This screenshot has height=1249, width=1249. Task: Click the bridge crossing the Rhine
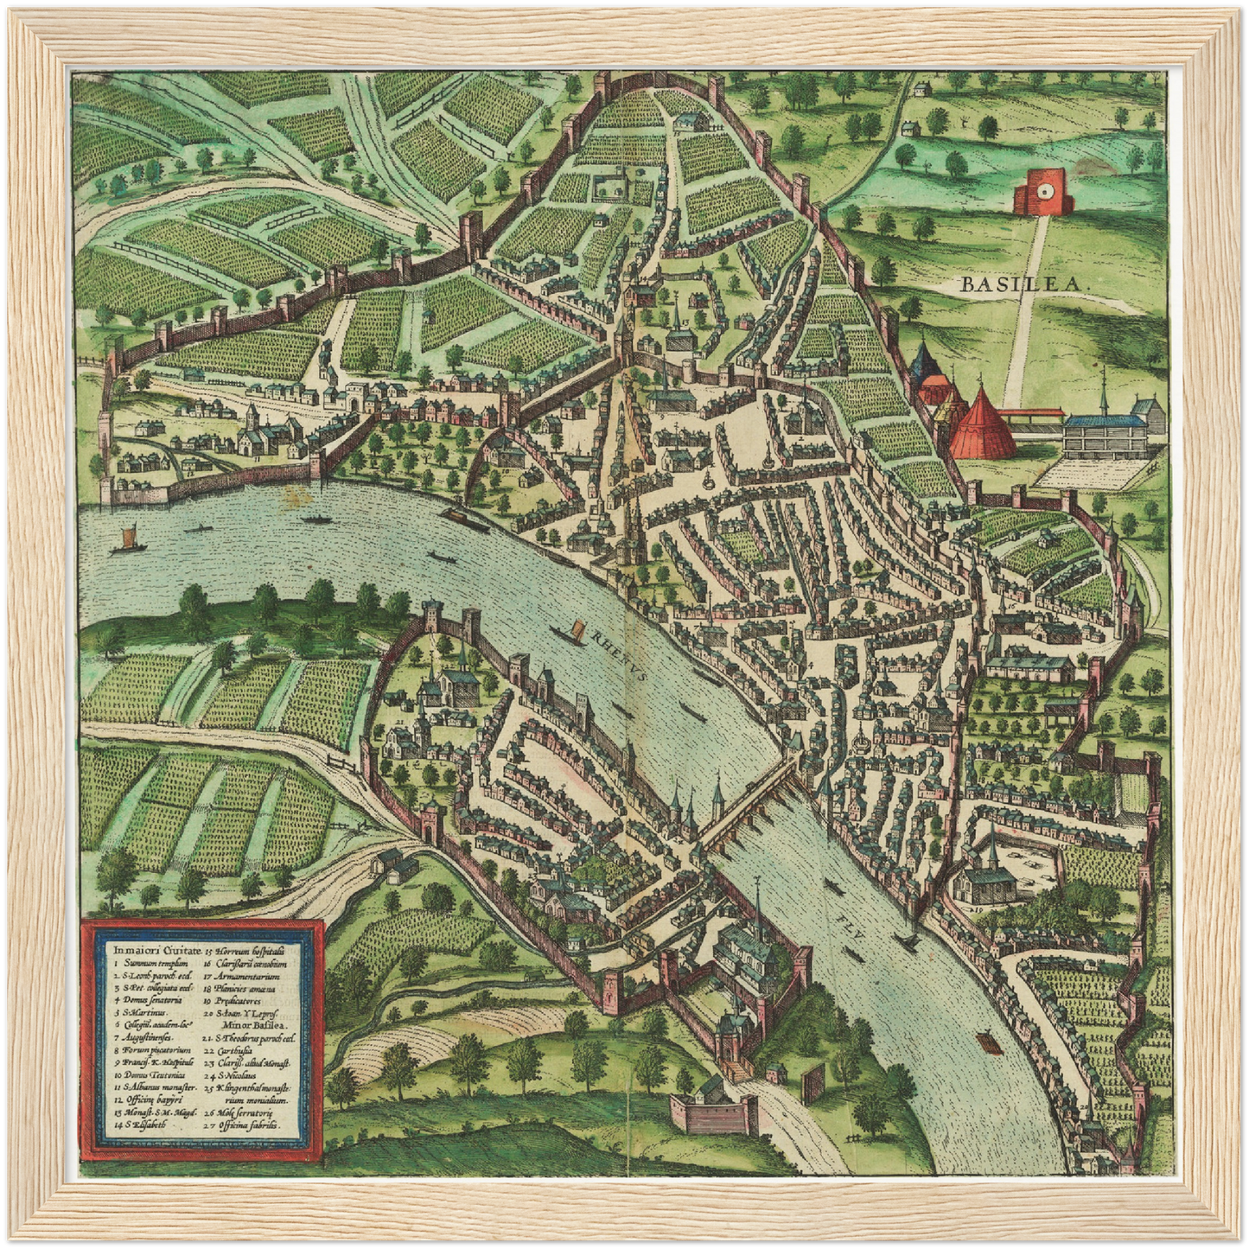coord(749,798)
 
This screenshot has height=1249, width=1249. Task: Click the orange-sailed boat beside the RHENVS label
coord(570,632)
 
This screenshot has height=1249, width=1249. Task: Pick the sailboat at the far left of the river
coord(126,540)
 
